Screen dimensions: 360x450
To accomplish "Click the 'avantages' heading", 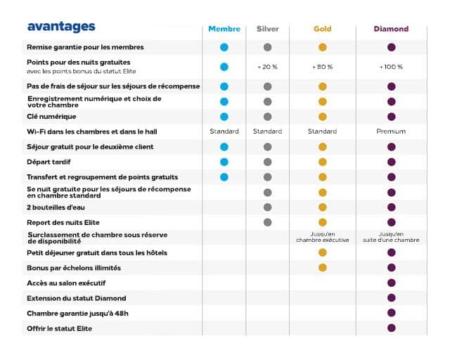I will click(x=61, y=27).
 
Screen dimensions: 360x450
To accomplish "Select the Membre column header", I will click(x=224, y=29).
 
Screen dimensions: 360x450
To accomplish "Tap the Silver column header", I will click(x=267, y=29).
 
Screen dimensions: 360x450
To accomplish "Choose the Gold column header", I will click(x=322, y=29).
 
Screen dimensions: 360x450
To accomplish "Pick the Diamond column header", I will click(x=391, y=29).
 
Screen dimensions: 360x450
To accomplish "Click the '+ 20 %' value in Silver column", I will click(x=267, y=67).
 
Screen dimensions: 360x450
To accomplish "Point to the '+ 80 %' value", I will click(x=322, y=67).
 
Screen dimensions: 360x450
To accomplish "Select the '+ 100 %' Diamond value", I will click(x=391, y=67).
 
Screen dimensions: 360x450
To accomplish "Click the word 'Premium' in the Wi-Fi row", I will click(x=391, y=131).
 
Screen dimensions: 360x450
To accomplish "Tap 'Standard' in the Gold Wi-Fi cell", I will click(x=322, y=131).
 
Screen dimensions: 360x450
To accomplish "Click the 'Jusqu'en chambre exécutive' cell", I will click(x=322, y=237).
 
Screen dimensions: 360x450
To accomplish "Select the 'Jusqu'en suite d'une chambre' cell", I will click(x=391, y=237).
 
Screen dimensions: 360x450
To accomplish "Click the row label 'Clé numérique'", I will click(x=51, y=116).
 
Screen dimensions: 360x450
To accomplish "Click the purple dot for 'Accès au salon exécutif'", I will click(x=391, y=283).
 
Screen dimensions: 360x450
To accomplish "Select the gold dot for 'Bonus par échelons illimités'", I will click(x=322, y=267).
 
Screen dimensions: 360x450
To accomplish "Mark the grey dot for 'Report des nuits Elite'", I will click(x=267, y=222).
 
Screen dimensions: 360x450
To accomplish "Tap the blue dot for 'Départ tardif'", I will click(x=224, y=162).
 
